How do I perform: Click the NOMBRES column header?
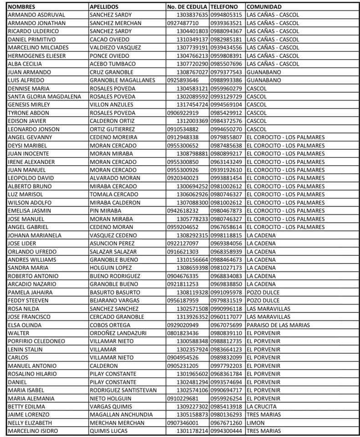(22, 7)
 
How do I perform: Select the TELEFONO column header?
(224, 7)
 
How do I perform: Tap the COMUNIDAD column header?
(264, 7)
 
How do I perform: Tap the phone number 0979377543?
(226, 72)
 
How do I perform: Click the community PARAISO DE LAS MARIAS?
(278, 325)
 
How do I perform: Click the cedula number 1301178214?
(192, 430)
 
